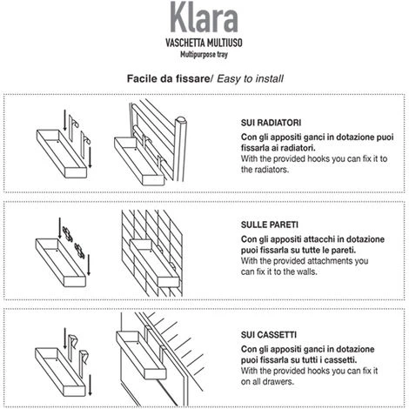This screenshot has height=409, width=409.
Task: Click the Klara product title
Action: point(204,17)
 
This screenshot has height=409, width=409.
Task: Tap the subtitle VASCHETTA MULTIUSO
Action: point(204,43)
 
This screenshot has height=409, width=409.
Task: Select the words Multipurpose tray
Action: point(204,55)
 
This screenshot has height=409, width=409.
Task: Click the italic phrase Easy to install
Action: point(250,79)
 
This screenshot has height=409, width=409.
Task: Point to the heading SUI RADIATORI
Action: point(271,123)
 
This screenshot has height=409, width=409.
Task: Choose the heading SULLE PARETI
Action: point(270,225)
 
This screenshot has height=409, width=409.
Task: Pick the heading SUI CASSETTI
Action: point(269,335)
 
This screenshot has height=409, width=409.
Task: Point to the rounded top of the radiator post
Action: point(181,120)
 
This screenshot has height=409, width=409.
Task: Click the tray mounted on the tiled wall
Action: point(154,263)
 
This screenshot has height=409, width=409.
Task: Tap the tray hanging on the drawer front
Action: point(141,355)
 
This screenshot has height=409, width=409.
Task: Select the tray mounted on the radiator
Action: point(139,161)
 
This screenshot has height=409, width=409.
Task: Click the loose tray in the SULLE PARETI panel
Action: point(61,263)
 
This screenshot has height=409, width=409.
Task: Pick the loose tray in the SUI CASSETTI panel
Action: point(60,372)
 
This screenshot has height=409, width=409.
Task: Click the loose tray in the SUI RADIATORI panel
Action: point(62,154)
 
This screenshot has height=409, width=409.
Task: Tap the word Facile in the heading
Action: point(141,78)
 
